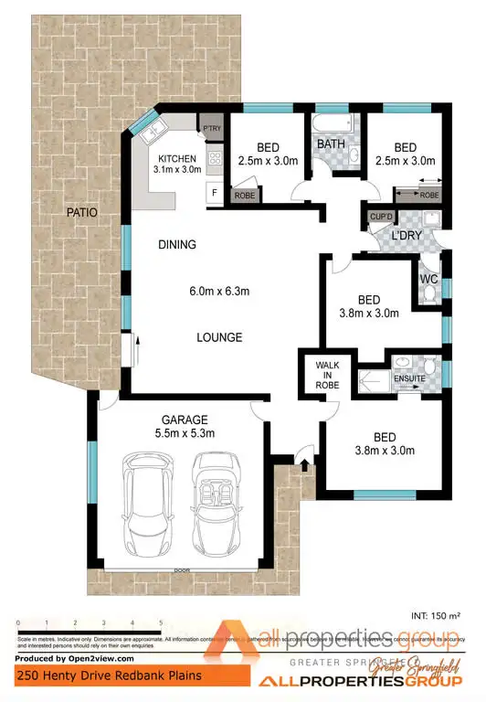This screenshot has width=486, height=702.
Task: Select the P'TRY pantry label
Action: pyautogui.click(x=212, y=128)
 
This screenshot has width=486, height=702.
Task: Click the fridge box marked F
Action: pyautogui.click(x=214, y=194)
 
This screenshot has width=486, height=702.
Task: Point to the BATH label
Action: pyautogui.click(x=330, y=144)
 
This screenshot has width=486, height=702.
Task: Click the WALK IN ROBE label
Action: pyautogui.click(x=327, y=375)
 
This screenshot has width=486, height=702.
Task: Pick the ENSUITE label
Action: pyautogui.click(x=409, y=377)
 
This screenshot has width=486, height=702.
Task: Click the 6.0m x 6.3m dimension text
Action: pyautogui.click(x=219, y=292)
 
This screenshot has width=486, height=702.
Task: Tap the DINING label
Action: pyautogui.click(x=177, y=245)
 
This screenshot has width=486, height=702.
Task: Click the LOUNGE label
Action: pyautogui.click(x=220, y=337)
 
